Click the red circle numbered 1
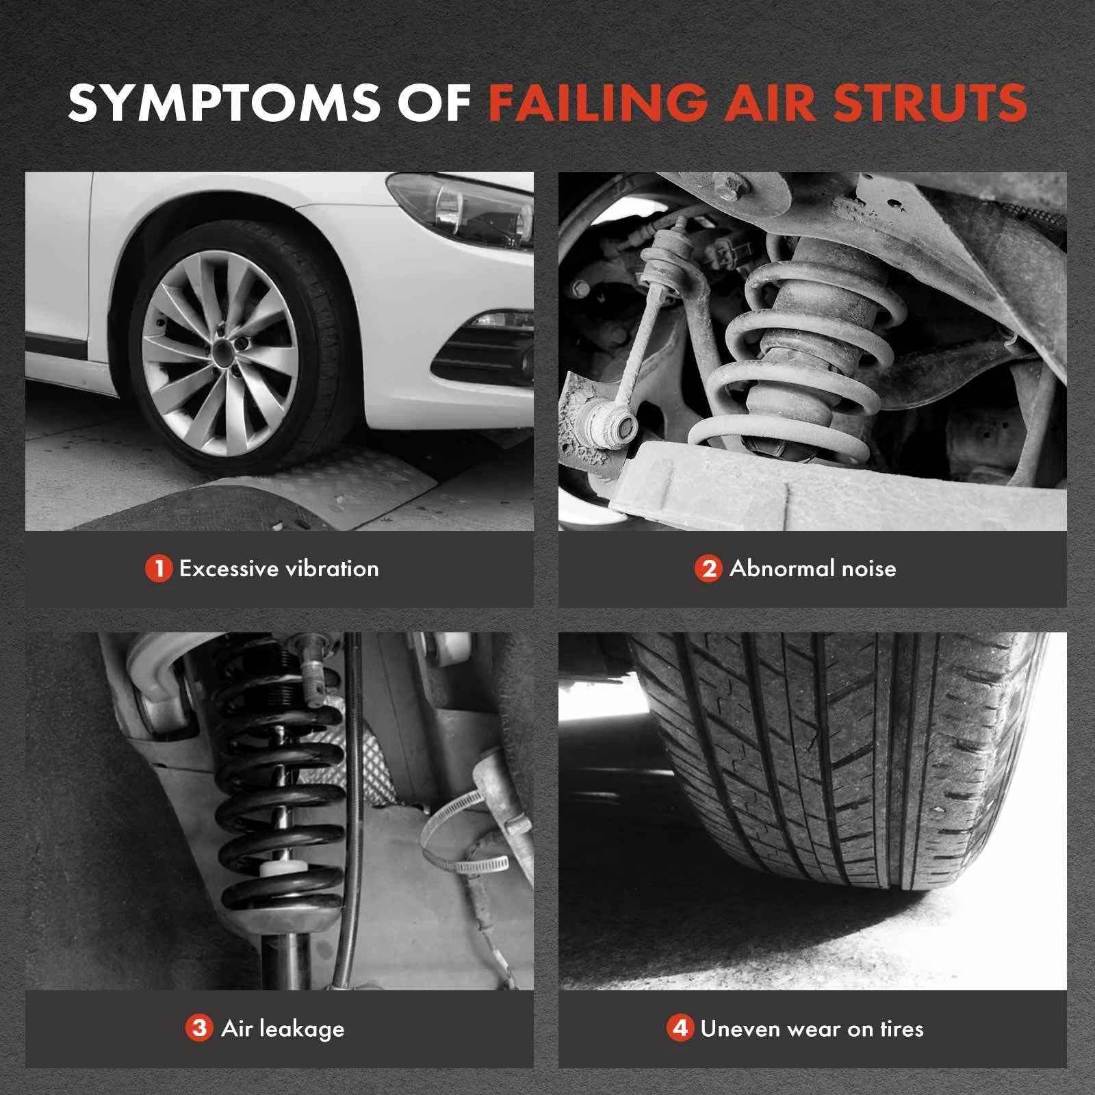tap(158, 569)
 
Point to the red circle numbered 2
tap(708, 569)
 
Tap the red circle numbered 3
tap(199, 1029)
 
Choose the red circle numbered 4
tap(680, 1029)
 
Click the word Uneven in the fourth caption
tap(740, 1029)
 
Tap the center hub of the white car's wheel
tap(223, 352)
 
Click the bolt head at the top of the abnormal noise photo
tap(728, 183)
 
